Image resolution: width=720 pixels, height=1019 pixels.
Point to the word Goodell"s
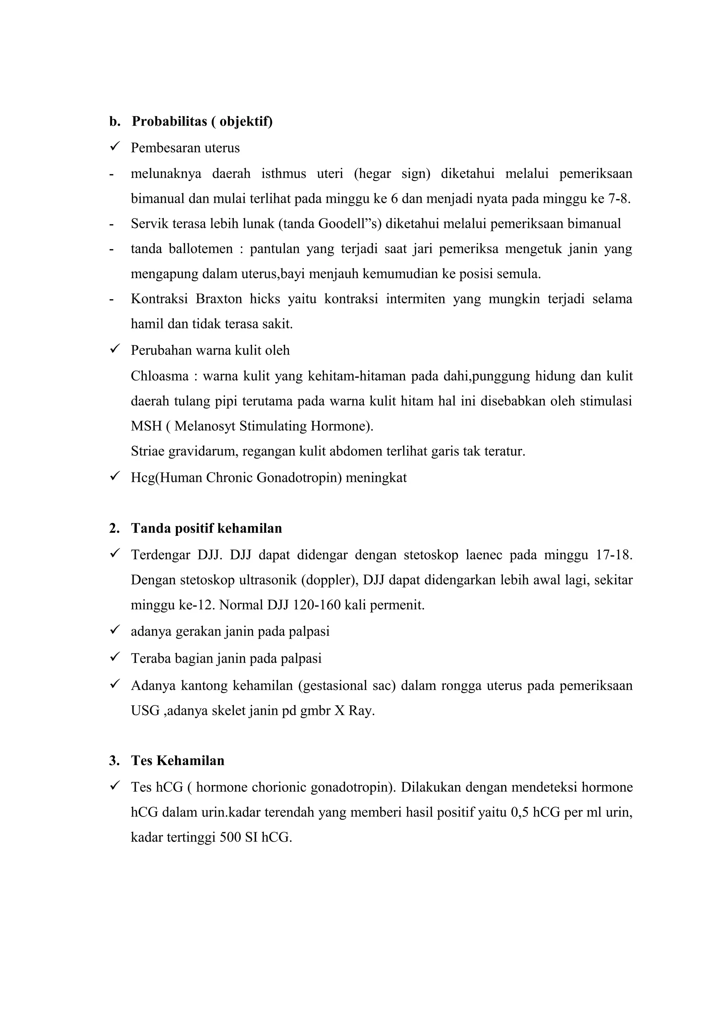point(350,224)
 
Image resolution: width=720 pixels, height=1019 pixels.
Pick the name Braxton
point(219,299)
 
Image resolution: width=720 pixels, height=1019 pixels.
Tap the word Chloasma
point(160,376)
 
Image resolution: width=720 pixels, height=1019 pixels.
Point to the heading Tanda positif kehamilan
point(206,528)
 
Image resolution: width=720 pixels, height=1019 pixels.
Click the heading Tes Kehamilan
point(178,761)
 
